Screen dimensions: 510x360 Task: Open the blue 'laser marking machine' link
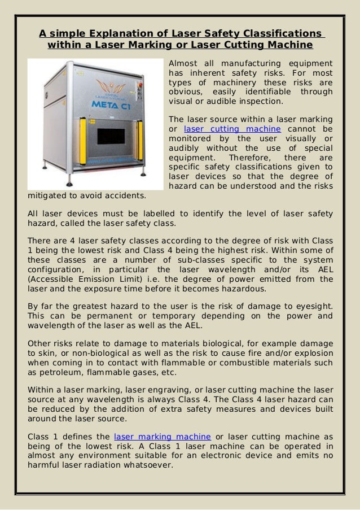coord(163,437)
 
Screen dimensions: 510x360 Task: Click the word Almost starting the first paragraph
coord(185,62)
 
